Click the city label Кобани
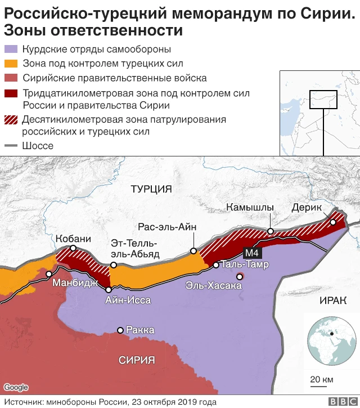click(73, 239)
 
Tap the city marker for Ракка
click(120, 330)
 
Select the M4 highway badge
click(251, 253)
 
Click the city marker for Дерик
click(333, 222)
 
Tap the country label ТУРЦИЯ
click(151, 189)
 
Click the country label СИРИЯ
click(137, 361)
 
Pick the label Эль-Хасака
click(214, 286)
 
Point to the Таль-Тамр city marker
click(216, 264)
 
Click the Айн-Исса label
click(128, 300)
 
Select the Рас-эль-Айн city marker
click(193, 251)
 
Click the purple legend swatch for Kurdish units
click(11, 49)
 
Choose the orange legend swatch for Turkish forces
click(11, 64)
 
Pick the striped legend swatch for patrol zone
click(11, 119)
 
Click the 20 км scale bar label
click(320, 377)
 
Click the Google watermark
click(16, 387)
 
